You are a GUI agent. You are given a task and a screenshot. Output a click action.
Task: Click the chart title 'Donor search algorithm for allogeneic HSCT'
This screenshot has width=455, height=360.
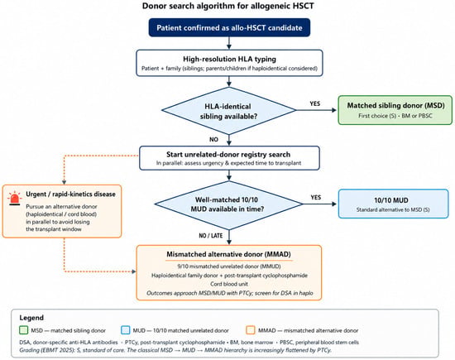tap(227, 6)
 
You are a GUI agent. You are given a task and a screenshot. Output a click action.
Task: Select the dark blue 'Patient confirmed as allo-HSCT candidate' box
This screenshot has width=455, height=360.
tap(229, 27)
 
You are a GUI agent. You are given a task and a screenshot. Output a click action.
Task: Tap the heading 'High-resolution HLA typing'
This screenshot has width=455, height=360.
tap(229, 59)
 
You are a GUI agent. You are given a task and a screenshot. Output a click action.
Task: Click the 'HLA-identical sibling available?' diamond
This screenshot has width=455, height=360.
tap(228, 111)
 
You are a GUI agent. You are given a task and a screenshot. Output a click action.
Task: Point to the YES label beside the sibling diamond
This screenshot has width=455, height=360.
tap(315, 103)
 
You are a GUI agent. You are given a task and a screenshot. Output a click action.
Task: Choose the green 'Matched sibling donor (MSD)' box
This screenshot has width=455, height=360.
tap(395, 110)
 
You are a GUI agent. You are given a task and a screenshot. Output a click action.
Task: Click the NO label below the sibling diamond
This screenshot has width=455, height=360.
tap(214, 139)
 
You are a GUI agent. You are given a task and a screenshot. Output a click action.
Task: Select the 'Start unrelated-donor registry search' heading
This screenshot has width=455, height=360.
tap(228, 155)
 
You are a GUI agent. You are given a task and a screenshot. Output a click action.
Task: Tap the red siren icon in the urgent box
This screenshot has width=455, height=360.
tap(15, 199)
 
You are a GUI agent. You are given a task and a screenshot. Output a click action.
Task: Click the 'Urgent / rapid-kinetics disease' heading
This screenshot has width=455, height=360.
tap(70, 194)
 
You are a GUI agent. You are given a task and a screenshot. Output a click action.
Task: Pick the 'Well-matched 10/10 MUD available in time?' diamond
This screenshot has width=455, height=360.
tap(228, 204)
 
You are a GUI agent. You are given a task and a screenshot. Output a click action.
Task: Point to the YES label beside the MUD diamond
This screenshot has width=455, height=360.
tap(316, 198)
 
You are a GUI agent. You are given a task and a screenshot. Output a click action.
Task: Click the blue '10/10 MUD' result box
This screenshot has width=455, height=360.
tap(394, 204)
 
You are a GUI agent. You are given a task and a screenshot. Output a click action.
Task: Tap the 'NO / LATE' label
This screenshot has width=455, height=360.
tap(211, 236)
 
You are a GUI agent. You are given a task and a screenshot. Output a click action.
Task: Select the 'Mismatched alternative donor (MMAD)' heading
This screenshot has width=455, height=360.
tap(228, 254)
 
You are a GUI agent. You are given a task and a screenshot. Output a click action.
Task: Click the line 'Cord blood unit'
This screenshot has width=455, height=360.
tap(229, 284)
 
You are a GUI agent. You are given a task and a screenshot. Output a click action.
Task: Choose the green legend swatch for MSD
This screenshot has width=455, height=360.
tap(23, 330)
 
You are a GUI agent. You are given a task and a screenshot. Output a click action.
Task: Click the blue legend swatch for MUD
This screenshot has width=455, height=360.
tap(126, 330)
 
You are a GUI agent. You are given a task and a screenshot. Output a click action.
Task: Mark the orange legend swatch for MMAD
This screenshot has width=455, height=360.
tap(251, 330)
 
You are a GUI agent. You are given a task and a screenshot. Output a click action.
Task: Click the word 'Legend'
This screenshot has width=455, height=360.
tap(31, 318)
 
